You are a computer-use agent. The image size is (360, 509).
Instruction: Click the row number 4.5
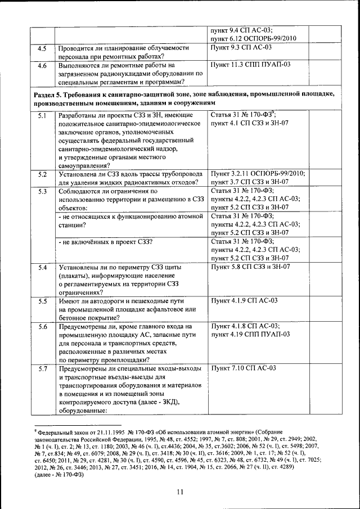coord(42,48)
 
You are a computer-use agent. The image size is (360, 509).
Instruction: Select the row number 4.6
coord(42,65)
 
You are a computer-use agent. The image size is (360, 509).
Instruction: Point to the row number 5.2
coord(42,174)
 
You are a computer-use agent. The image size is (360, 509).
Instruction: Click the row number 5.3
coord(42,192)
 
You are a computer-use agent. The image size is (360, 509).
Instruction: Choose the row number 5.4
coord(42,268)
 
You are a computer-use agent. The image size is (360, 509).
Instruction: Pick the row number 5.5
coord(42,302)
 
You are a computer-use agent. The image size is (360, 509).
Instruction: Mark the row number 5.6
coord(42,327)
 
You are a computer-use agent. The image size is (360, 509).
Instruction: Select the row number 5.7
coord(42,369)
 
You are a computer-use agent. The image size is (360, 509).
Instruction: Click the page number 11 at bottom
coord(180,492)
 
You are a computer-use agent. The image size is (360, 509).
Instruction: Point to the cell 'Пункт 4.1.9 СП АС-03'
coord(244,301)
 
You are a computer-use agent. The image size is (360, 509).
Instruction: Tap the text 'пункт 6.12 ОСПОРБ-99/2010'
coord(252,38)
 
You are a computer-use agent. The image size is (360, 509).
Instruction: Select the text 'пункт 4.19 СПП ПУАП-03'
coord(250,335)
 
